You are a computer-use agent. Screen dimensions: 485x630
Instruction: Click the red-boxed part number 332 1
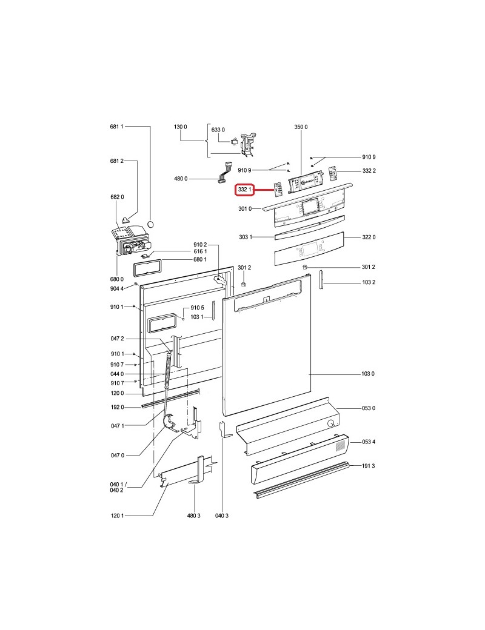tap(244, 189)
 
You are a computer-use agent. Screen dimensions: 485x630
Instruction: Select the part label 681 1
tap(116, 127)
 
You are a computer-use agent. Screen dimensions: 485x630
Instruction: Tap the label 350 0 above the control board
tap(301, 127)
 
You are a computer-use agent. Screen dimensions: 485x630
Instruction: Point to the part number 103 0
tap(367, 374)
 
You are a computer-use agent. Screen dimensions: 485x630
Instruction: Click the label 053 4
tap(369, 442)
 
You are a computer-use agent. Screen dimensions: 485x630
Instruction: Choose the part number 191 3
tap(369, 466)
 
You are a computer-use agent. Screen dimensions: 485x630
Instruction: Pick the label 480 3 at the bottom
tap(193, 516)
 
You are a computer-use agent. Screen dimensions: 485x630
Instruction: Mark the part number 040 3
tap(222, 516)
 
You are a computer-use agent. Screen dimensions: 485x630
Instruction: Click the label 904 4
tap(116, 288)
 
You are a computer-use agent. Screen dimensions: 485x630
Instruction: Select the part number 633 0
tap(218, 130)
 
